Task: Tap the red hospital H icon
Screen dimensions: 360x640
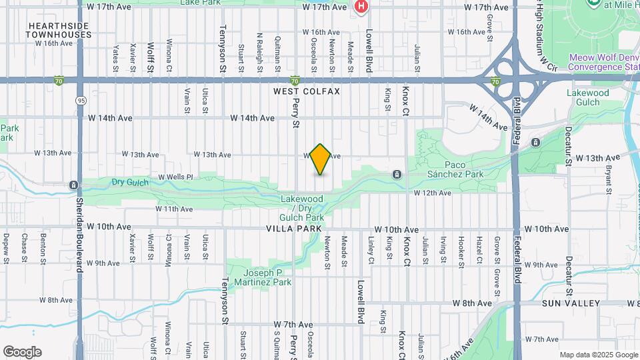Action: pyautogui.click(x=361, y=7)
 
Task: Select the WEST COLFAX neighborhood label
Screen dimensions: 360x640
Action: pyautogui.click(x=307, y=91)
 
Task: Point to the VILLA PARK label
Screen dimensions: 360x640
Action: pyautogui.click(x=295, y=228)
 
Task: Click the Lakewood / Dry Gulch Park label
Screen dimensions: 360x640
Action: pyautogui.click(x=302, y=208)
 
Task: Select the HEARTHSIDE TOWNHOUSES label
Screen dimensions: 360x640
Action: pyautogui.click(x=59, y=29)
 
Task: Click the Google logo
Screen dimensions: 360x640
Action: pyautogui.click(x=22, y=352)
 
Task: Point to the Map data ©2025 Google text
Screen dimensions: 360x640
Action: pyautogui.click(x=597, y=355)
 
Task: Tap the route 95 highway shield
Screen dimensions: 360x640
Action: pyautogui.click(x=81, y=101)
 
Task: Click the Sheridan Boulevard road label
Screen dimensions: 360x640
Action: pyautogui.click(x=80, y=234)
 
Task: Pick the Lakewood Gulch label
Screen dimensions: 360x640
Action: pyautogui.click(x=588, y=97)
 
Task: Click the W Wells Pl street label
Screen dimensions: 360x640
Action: pyautogui.click(x=175, y=177)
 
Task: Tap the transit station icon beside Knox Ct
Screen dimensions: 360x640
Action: pyautogui.click(x=397, y=175)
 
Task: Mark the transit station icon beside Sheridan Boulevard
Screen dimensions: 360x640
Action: pyautogui.click(x=73, y=185)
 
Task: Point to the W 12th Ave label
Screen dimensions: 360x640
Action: pyautogui.click(x=432, y=193)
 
